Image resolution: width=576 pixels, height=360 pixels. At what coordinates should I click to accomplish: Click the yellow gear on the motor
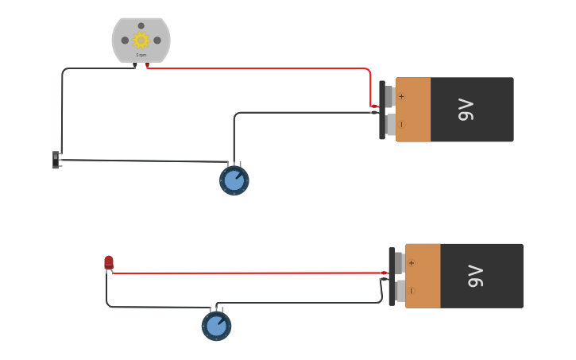click(x=141, y=40)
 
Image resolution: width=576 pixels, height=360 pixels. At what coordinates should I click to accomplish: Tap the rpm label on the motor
click(x=141, y=55)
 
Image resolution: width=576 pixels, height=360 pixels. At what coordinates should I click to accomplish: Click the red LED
click(x=109, y=261)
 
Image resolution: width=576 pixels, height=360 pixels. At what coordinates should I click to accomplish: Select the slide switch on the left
click(x=56, y=160)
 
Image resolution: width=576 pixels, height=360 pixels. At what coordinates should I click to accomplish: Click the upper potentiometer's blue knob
click(x=234, y=180)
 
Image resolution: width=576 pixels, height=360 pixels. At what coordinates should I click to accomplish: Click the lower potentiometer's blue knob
click(x=216, y=326)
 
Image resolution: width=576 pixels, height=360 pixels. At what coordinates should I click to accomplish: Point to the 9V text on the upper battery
click(x=466, y=110)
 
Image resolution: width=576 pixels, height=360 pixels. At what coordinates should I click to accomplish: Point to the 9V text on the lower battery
click(x=476, y=276)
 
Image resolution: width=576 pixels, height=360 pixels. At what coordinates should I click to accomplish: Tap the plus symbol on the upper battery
click(x=401, y=97)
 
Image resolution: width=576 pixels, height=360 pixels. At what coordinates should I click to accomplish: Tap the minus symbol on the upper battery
click(x=401, y=124)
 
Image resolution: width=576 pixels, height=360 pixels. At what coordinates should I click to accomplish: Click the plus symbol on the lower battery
click(x=411, y=263)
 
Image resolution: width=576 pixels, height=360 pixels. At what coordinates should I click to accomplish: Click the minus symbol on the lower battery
click(x=411, y=290)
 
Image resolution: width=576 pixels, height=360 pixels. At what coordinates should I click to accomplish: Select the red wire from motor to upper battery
click(x=262, y=68)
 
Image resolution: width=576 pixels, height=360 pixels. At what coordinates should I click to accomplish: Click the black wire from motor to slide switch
click(x=62, y=103)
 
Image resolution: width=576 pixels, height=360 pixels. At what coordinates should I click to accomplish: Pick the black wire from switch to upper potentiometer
click(x=143, y=161)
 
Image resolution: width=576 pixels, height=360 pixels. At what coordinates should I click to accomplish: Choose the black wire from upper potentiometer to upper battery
click(x=302, y=113)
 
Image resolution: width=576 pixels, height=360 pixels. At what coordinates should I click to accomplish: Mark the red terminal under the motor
click(x=147, y=66)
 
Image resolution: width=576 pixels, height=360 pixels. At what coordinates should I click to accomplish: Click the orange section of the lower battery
click(x=423, y=276)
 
